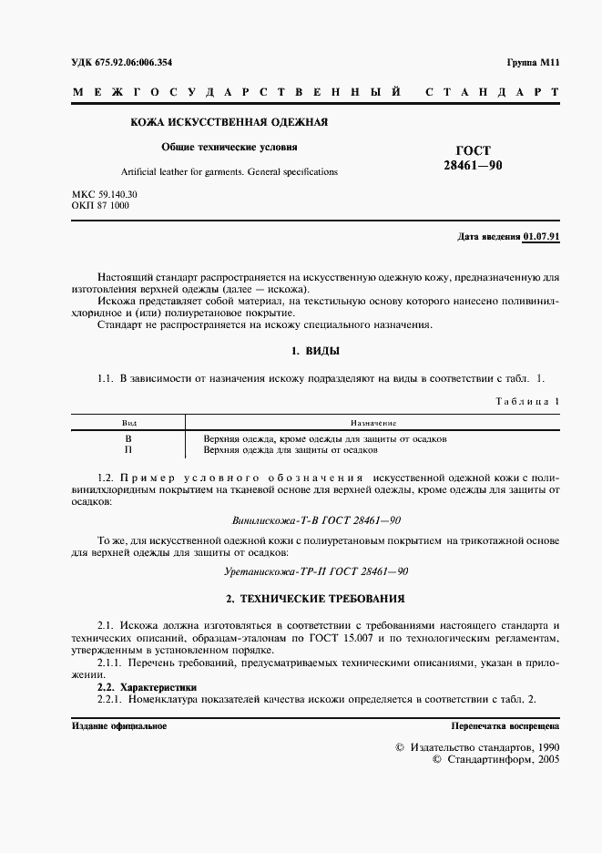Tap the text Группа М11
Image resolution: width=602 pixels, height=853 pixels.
(533, 62)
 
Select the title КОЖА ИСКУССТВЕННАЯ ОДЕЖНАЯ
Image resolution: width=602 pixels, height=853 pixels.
(229, 122)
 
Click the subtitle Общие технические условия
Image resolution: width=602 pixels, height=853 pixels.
(230, 146)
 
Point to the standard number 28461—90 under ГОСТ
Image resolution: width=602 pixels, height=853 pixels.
(473, 165)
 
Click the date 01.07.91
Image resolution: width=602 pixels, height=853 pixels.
(541, 236)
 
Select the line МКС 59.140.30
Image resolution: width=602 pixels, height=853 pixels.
(104, 195)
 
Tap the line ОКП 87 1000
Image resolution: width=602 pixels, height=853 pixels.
(100, 206)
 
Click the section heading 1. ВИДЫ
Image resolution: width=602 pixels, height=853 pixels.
(315, 351)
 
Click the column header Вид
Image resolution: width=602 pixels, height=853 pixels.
(128, 423)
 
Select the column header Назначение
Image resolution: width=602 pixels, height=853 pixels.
(372, 423)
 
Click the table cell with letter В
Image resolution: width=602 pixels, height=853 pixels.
(128, 438)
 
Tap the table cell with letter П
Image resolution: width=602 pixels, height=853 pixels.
(128, 449)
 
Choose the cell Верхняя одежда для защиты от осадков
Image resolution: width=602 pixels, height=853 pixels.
(291, 449)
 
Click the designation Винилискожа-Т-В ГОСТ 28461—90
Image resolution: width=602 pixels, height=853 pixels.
(315, 519)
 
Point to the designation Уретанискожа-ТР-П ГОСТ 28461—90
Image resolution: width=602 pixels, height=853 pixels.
(315, 570)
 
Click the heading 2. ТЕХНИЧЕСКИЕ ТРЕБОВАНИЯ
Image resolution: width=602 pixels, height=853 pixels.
(315, 599)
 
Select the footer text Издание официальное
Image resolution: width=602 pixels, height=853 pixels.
(118, 725)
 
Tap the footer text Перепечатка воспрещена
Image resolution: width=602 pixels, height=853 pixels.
(505, 725)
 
